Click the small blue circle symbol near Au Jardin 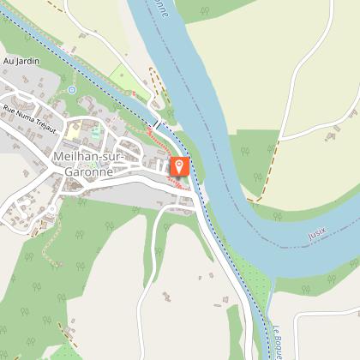pyautogui.click(x=72, y=89)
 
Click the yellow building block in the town pyautogui.click(x=75, y=132)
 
